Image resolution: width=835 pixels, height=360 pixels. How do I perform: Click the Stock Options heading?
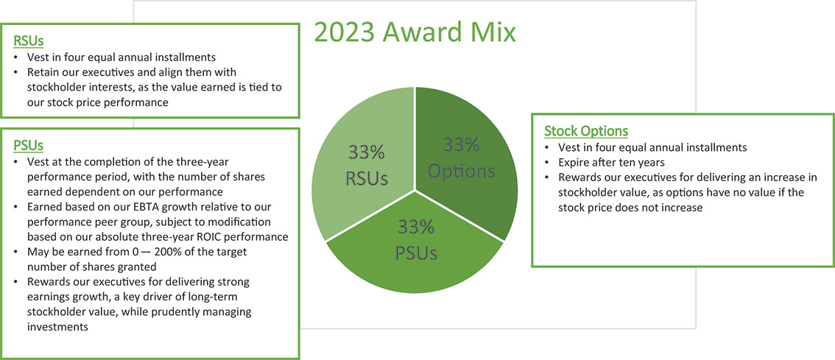(x=585, y=131)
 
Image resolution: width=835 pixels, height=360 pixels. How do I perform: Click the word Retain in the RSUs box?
(x=43, y=74)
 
